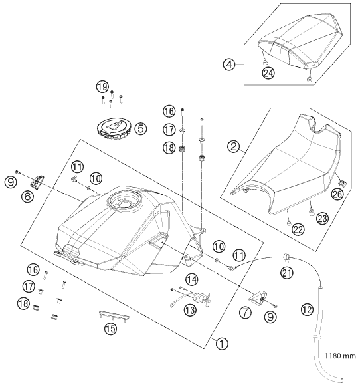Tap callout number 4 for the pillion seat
pos(229,64)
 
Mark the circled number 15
pos(110,327)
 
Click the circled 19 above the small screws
pos(102,86)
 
